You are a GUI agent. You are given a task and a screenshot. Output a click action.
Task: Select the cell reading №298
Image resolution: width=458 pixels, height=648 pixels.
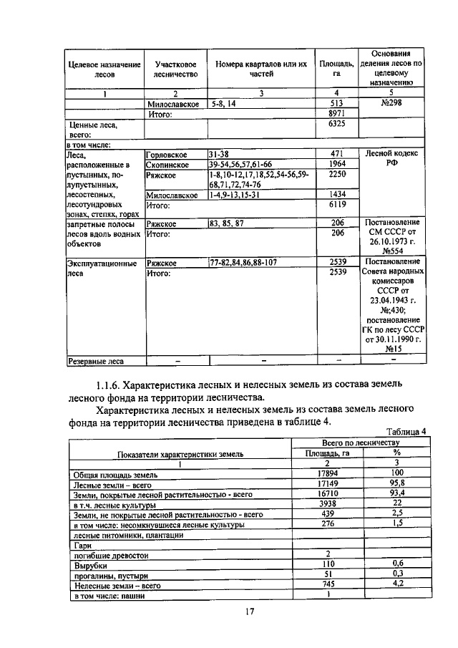click(391, 104)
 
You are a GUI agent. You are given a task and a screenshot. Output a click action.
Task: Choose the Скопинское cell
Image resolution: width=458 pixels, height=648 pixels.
click(167, 164)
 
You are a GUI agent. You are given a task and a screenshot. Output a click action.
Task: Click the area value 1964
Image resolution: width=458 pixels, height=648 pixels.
click(337, 164)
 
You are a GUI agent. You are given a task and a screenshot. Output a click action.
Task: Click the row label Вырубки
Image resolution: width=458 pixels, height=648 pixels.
click(87, 564)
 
